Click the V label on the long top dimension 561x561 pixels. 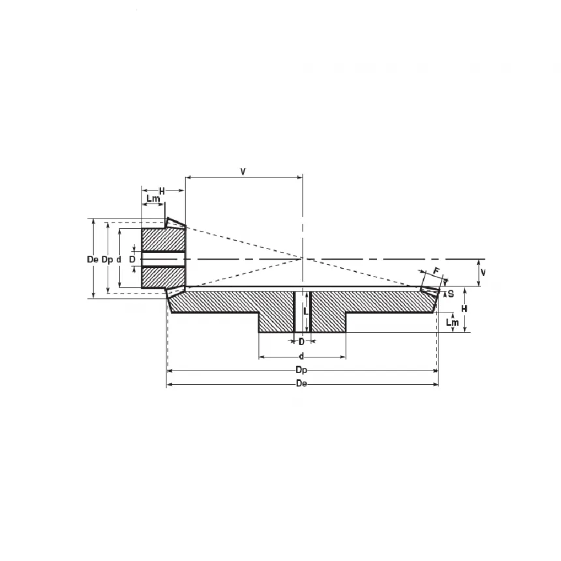click(x=242, y=172)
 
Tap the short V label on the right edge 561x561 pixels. click(x=483, y=271)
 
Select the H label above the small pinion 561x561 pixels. click(x=162, y=190)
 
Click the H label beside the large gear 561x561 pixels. click(x=464, y=308)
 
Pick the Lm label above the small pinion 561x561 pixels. click(x=153, y=199)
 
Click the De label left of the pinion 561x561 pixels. click(x=92, y=259)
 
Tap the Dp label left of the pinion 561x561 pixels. click(x=107, y=259)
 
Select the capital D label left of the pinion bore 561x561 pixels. click(x=132, y=259)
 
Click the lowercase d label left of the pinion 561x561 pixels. click(x=119, y=259)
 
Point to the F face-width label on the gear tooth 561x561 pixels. click(x=436, y=271)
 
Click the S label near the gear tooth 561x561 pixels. click(x=451, y=294)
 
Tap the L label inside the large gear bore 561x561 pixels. click(x=305, y=312)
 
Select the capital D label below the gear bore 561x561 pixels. click(x=301, y=341)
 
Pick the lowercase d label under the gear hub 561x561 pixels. click(x=301, y=356)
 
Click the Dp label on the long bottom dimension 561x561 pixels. click(x=301, y=370)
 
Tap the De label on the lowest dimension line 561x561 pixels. click(x=301, y=384)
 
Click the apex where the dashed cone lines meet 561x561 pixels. click(x=303, y=258)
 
